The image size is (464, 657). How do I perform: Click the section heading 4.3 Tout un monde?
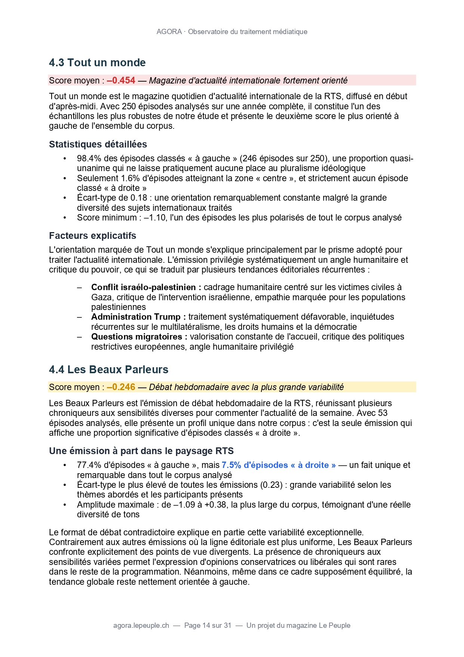[97, 63]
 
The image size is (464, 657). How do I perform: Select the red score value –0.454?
[121, 80]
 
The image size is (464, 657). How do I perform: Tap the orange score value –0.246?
[121, 387]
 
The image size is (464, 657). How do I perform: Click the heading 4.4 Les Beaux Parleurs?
[108, 369]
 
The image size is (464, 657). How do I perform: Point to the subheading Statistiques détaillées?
[98, 144]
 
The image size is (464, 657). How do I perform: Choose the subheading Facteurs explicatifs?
[92, 235]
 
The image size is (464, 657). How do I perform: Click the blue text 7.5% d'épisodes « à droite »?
[279, 465]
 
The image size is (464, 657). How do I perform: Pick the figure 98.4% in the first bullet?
[89, 158]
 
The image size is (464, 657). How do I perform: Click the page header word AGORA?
[169, 32]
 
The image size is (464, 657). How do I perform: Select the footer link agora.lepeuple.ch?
[141, 625]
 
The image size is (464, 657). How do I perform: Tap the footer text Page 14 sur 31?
[208, 625]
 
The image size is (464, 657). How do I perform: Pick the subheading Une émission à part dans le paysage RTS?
[141, 451]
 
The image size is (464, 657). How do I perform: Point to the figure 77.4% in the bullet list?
[89, 465]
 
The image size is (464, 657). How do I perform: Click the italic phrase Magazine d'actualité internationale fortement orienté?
[248, 80]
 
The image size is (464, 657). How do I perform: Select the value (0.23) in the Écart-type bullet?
[271, 485]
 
